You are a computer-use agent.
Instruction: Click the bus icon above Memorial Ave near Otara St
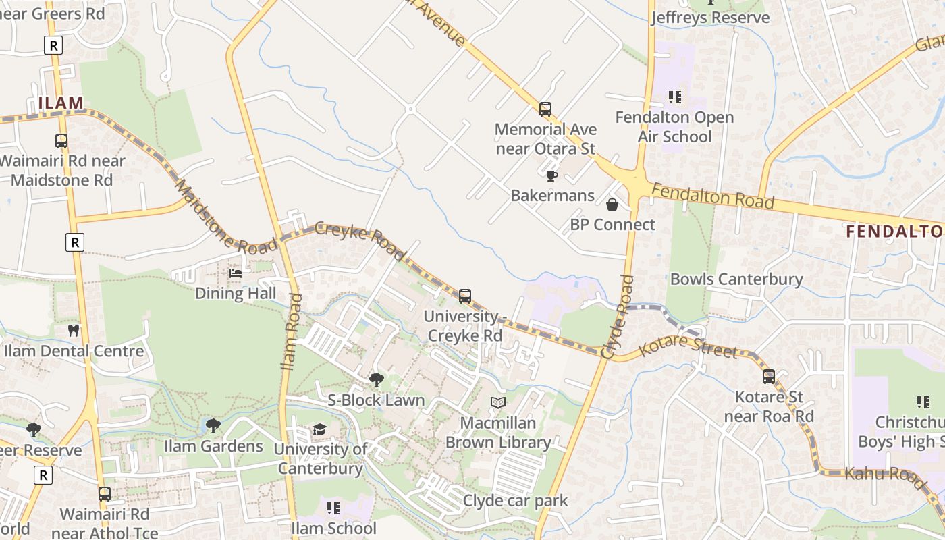tap(545, 109)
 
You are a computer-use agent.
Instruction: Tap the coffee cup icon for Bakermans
tap(552, 176)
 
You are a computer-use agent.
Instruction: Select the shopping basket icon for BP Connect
tap(612, 205)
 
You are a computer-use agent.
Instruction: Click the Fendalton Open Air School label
tap(674, 127)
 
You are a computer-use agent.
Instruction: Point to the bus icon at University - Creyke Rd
tap(464, 296)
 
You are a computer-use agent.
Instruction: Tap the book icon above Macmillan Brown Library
tap(498, 403)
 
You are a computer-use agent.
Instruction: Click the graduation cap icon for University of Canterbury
tap(319, 429)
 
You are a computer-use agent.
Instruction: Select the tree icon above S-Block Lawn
tap(377, 380)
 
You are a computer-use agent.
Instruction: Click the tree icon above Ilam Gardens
tap(213, 426)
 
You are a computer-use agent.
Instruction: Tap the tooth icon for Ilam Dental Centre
tap(74, 331)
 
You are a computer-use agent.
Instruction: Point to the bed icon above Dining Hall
tap(236, 273)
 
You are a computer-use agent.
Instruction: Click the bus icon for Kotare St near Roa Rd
tap(769, 377)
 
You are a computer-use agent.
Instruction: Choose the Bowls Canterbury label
tap(736, 279)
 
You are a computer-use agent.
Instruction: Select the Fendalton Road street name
tap(713, 196)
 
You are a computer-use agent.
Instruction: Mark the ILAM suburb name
tap(61, 103)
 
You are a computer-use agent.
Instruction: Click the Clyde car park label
tap(516, 501)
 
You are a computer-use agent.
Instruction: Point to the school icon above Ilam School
tap(333, 508)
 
